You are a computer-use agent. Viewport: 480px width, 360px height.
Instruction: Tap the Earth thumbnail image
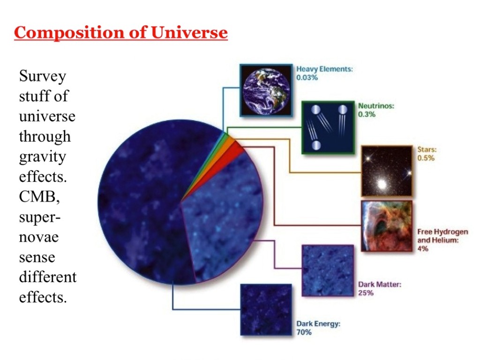266,90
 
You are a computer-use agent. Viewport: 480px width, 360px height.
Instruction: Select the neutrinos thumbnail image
328,127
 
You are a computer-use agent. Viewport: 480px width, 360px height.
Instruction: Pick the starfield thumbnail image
387,171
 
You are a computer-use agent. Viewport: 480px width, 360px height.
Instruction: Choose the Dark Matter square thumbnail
328,270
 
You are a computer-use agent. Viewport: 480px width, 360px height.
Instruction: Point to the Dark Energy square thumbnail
266,310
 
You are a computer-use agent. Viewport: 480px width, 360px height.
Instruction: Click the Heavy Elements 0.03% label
324,73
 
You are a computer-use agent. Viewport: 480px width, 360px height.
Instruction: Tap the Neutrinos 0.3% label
376,110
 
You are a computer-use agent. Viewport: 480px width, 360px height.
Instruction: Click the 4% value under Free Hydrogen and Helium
423,248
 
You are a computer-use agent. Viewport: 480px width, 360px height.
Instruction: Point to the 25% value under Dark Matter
366,293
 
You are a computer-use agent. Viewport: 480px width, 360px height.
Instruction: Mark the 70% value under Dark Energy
304,332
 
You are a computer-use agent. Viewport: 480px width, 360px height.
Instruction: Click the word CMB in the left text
39,196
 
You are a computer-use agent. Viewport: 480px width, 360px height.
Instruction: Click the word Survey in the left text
43,76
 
